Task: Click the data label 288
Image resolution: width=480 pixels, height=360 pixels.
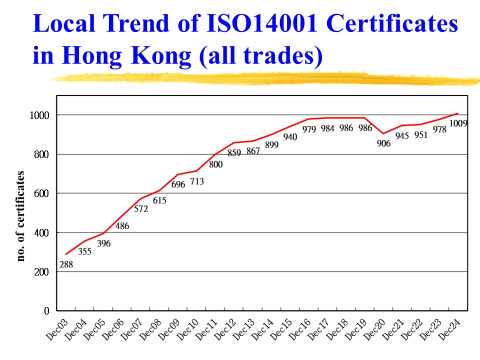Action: click(66, 265)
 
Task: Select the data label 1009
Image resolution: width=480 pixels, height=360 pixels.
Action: click(458, 123)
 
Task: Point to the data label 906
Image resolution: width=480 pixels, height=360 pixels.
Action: click(383, 143)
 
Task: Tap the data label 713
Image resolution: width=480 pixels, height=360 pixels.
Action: click(196, 181)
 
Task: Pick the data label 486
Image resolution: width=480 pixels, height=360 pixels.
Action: click(122, 226)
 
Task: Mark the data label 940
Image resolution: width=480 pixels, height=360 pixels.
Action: click(290, 136)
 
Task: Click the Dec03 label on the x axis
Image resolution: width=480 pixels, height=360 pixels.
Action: click(57, 330)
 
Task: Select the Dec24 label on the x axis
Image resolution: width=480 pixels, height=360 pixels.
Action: click(449, 330)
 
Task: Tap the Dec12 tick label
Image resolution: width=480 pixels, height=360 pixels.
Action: click(225, 330)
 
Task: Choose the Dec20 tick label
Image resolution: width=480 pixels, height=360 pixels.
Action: click(374, 330)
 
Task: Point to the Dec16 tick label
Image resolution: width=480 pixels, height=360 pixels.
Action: click(299, 330)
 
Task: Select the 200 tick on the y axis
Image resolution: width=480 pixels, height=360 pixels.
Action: click(42, 272)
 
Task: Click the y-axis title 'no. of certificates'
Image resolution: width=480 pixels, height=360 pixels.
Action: click(20, 216)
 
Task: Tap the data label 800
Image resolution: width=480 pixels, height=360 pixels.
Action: click(215, 164)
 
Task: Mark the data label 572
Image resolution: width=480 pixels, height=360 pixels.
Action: click(141, 209)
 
